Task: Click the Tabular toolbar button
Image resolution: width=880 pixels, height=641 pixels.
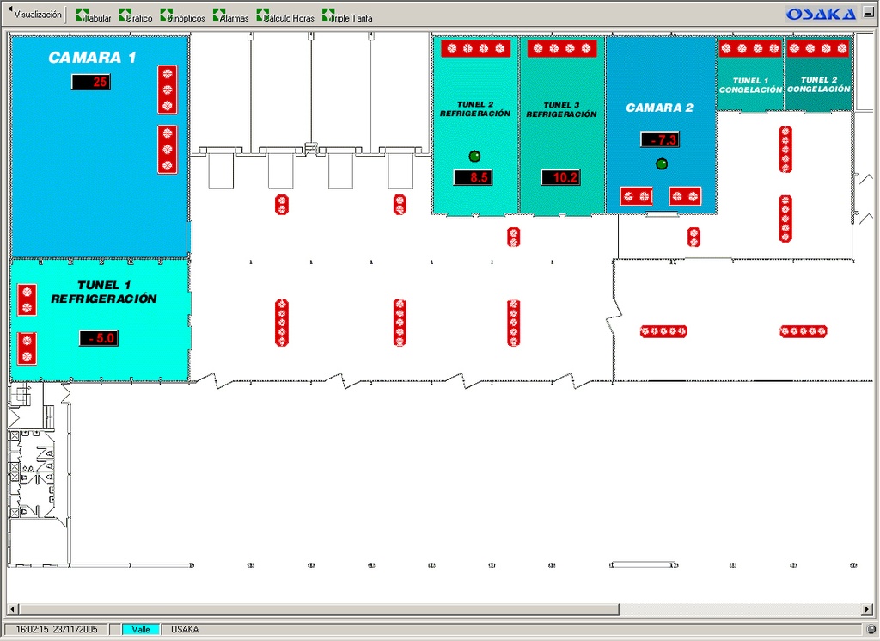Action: [94, 16]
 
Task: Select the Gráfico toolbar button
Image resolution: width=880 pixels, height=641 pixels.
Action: [135, 16]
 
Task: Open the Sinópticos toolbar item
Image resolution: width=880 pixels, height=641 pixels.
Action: [182, 16]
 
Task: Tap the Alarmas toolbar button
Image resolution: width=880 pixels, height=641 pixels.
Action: [230, 16]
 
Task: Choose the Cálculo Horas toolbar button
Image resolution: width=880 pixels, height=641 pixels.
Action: [285, 16]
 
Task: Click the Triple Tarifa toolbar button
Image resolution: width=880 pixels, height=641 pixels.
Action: [347, 16]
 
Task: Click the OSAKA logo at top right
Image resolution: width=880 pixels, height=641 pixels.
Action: [821, 14]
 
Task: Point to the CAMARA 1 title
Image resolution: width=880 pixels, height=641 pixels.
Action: [92, 58]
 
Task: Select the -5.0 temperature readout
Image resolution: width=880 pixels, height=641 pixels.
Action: [99, 338]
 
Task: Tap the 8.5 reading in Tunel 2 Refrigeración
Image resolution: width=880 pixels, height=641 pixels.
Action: [473, 178]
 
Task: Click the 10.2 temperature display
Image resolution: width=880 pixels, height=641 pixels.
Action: [560, 178]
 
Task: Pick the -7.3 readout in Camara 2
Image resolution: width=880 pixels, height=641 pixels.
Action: [660, 139]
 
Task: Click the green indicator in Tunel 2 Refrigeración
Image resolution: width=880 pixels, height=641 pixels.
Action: [474, 156]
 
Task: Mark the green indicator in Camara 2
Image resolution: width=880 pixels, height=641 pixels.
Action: [661, 163]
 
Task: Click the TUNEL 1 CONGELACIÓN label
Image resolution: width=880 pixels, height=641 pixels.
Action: [750, 85]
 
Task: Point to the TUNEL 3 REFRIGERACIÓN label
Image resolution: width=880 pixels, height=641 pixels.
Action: [561, 109]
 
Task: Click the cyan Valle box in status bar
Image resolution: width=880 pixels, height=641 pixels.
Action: [141, 629]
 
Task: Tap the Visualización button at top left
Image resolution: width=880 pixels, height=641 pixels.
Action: [36, 15]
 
